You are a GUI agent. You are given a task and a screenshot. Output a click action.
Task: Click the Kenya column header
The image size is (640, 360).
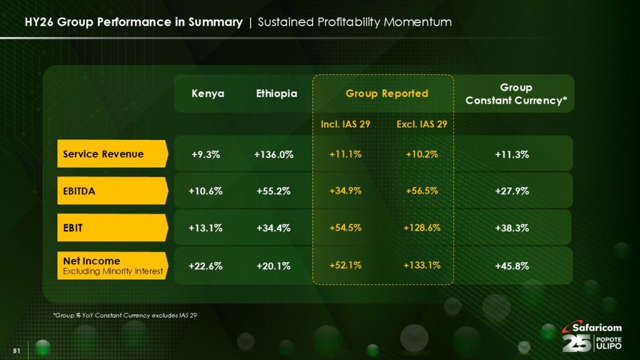[x=207, y=94]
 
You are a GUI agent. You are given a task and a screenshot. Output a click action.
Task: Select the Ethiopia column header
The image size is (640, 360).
[x=276, y=94]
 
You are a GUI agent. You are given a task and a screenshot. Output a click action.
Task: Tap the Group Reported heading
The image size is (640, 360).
[x=387, y=94]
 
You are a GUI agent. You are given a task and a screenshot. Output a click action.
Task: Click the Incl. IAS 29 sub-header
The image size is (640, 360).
[x=346, y=124]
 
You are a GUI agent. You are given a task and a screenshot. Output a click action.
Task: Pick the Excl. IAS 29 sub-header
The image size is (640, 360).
[x=422, y=124]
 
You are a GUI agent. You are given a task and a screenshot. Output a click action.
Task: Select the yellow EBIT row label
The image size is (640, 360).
[x=112, y=228]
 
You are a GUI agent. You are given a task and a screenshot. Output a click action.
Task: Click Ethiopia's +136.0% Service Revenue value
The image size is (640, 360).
[x=274, y=154]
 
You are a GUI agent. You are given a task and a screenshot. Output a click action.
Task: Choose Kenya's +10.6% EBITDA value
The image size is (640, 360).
[x=206, y=191]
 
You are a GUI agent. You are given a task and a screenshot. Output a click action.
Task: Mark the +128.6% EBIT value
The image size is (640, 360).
[x=422, y=228]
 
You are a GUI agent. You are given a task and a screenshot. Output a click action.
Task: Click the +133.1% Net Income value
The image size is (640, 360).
[x=422, y=265]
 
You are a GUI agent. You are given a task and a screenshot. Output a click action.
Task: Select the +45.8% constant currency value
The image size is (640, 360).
[x=512, y=266]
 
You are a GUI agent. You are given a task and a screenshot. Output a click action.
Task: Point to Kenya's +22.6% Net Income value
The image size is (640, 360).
[x=206, y=266]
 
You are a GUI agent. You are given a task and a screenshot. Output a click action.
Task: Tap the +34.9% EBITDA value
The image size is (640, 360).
[x=346, y=191]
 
